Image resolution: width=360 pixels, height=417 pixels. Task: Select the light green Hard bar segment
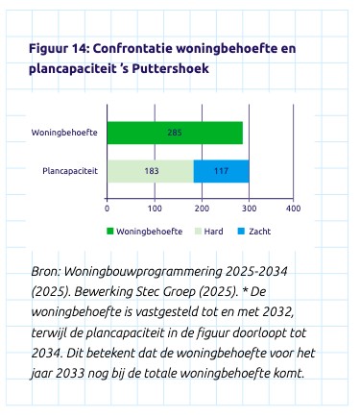coord(150,171)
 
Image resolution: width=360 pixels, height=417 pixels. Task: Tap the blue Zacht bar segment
coord(221,171)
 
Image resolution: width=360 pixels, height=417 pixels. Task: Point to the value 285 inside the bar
coord(175,133)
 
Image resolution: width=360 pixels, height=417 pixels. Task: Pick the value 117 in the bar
coord(221,171)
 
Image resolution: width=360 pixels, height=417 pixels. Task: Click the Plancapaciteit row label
coord(70,171)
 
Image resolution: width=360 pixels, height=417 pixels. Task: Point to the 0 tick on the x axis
coord(107,208)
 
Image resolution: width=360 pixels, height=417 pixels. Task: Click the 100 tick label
coord(154,208)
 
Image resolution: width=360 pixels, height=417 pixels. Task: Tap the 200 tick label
coord(201,208)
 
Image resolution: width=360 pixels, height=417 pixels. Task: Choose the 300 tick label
coord(248,208)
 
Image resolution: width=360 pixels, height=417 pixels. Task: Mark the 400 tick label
coord(294,208)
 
